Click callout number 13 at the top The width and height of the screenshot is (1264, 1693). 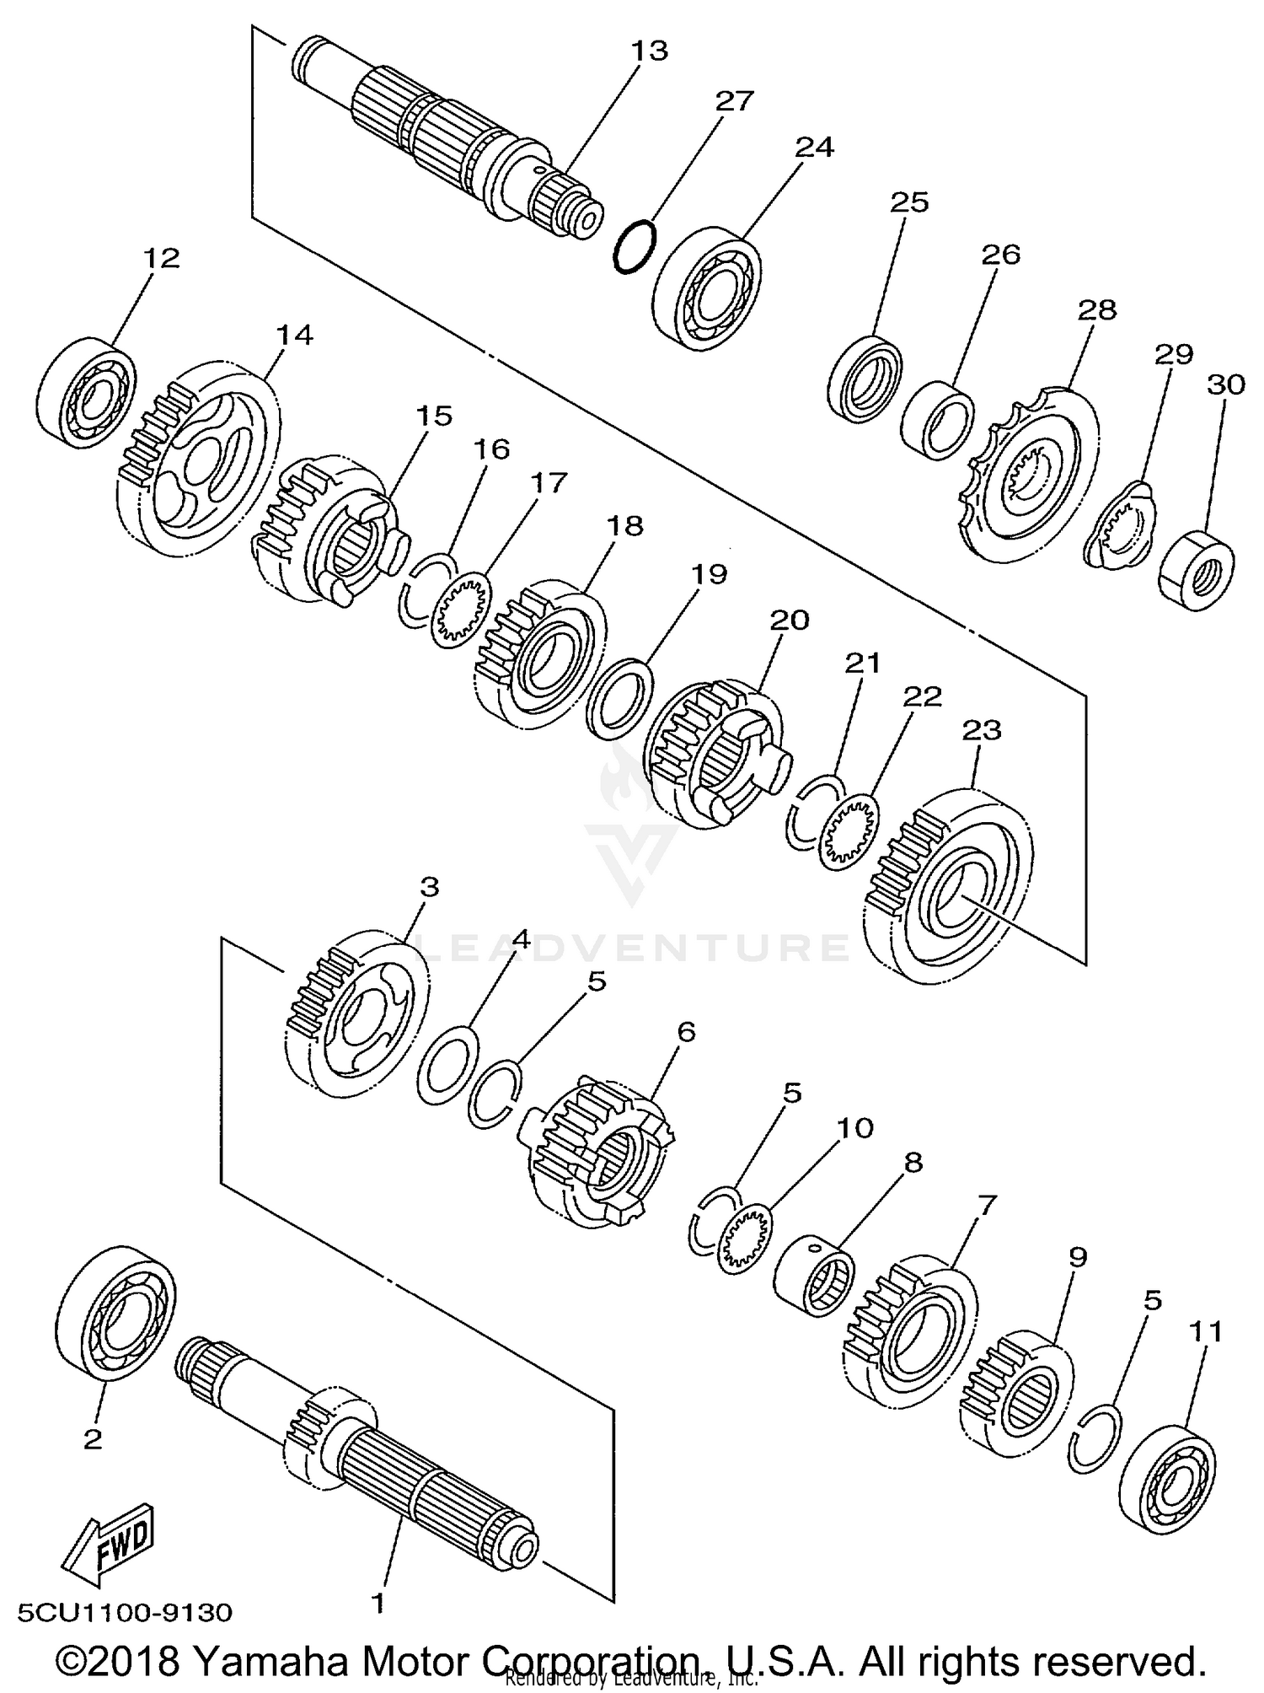coord(649,51)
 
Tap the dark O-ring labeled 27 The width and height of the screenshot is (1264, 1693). coord(634,246)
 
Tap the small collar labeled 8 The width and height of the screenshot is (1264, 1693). coord(813,1273)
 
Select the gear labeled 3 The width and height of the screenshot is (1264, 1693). coord(354,1012)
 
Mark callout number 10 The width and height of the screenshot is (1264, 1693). coord(854,1127)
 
